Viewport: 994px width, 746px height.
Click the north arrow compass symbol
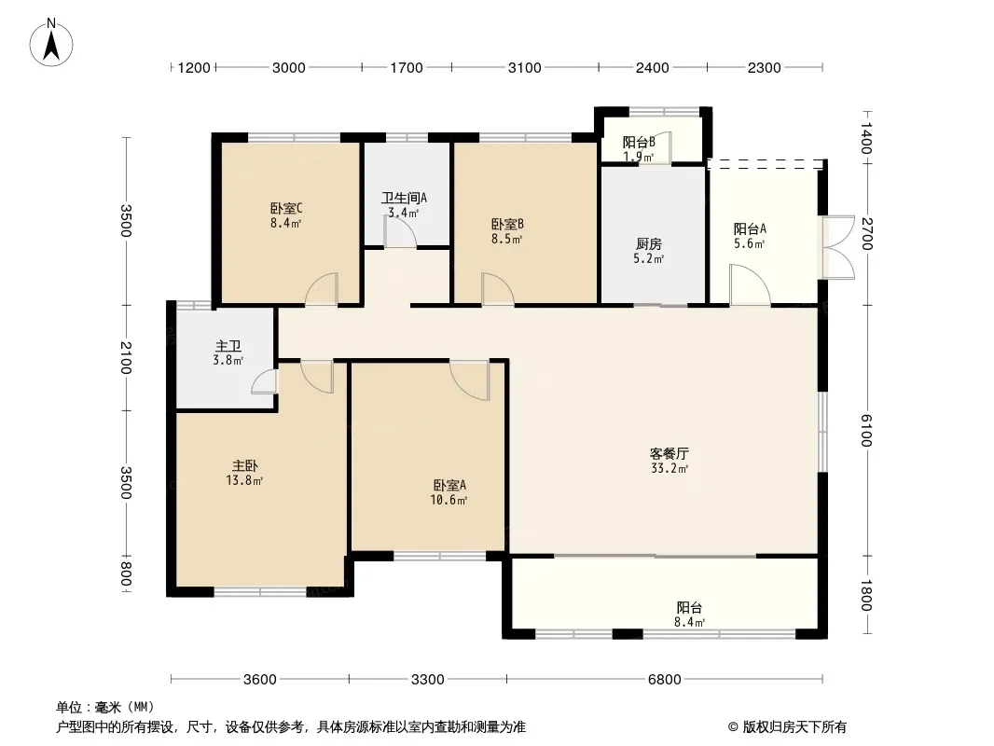51,43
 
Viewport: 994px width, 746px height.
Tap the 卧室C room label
286,208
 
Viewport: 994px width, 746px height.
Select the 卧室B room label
507,225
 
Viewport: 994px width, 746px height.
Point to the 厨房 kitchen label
648,244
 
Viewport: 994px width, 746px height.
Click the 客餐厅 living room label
670,454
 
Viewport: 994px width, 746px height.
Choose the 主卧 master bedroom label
244,466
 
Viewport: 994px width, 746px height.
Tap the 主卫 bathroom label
228,346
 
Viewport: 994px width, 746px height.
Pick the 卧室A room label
450,486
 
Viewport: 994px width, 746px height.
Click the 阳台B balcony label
639,142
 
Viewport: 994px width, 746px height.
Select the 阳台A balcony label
750,228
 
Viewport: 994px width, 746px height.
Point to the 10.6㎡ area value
449,500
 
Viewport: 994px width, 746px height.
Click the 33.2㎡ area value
670,469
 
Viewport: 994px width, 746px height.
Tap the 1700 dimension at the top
407,67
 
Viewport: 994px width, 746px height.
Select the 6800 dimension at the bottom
664,680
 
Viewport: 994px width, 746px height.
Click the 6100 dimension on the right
866,431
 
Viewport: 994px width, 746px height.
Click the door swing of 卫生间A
400,231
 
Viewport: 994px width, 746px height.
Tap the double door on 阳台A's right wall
838,248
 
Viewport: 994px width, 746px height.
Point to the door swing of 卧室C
322,290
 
